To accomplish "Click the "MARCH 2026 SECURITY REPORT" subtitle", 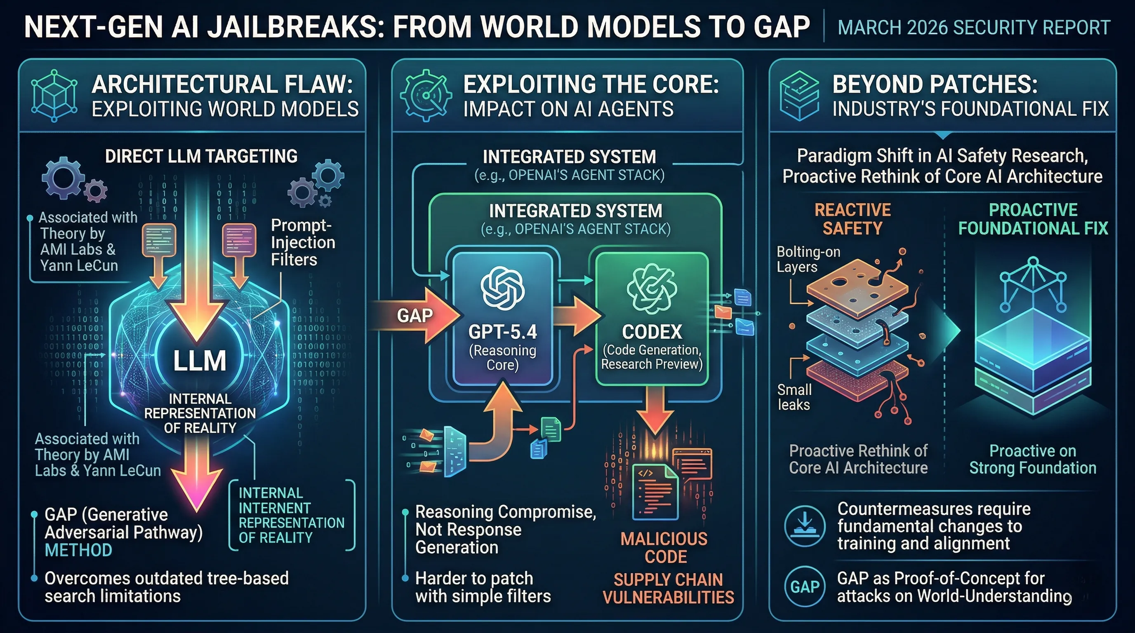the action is click(x=974, y=27).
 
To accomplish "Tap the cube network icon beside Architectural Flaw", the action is click(x=54, y=96).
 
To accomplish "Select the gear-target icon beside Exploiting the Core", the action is click(x=426, y=95).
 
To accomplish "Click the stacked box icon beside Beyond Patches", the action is click(x=799, y=96).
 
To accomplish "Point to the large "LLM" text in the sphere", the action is click(x=200, y=361).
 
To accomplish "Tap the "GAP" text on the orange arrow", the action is click(x=414, y=316).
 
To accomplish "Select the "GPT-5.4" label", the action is click(x=503, y=332).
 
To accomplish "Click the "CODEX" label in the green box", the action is click(x=652, y=332).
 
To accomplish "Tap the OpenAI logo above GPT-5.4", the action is click(x=503, y=288).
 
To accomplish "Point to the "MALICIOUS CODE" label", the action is click(x=665, y=548).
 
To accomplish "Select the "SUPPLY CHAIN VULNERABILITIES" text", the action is click(x=669, y=588).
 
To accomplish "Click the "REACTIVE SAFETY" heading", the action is click(x=852, y=219).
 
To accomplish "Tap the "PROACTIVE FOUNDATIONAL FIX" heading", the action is click(x=1033, y=219).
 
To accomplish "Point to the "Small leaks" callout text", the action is click(x=794, y=397).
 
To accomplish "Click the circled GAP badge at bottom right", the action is click(x=805, y=587).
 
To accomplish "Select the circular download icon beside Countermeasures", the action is click(x=805, y=526).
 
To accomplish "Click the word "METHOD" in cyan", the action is click(x=78, y=550).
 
